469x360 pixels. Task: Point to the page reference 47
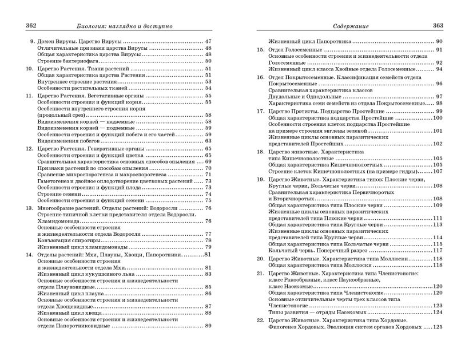208,42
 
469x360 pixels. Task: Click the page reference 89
208,326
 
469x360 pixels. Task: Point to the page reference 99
439,110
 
